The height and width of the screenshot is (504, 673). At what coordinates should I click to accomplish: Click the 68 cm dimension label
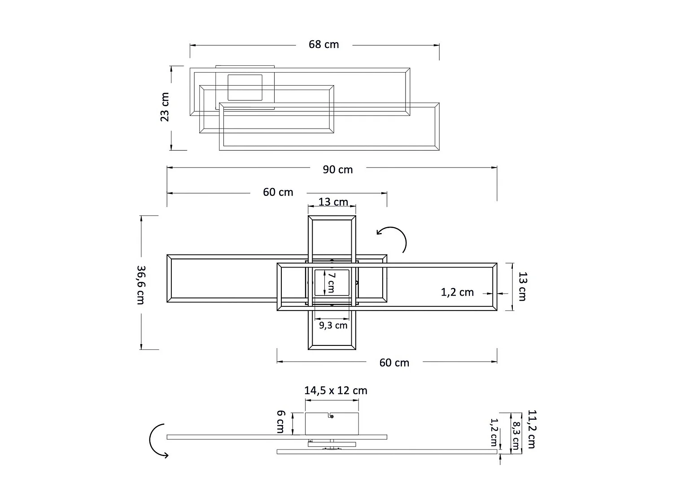point(323,44)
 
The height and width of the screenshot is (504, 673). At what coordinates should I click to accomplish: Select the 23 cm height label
point(165,107)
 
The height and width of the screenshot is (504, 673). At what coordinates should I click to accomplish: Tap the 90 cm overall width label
point(338,170)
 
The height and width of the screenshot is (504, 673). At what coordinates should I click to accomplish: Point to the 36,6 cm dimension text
point(141,285)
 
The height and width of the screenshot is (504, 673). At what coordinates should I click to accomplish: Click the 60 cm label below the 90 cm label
point(278,192)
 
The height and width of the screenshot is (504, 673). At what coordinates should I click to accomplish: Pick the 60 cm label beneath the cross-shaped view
point(394,363)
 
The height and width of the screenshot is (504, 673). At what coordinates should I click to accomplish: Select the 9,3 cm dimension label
point(333,325)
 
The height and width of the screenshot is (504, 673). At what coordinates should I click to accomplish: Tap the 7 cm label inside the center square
point(331,282)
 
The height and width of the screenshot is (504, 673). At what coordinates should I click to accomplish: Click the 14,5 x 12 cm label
point(336,391)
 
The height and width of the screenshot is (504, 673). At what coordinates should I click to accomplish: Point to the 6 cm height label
point(280,422)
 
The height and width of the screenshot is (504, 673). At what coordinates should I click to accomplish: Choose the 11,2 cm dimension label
point(532,429)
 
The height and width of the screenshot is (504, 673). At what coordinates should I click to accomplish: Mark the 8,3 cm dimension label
point(516,436)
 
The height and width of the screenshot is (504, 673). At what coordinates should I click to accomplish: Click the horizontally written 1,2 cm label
point(457,293)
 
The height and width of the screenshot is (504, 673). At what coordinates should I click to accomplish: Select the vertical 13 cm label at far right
point(522,286)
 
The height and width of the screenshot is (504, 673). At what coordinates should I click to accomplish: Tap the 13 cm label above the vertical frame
point(333,202)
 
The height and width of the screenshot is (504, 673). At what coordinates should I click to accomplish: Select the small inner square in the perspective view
point(245,87)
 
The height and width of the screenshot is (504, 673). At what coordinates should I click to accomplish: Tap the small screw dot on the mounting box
point(332,417)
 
